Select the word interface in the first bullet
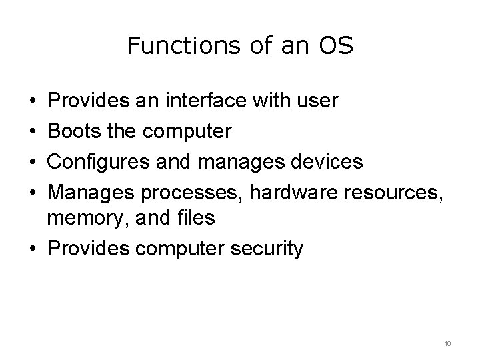point(209,101)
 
